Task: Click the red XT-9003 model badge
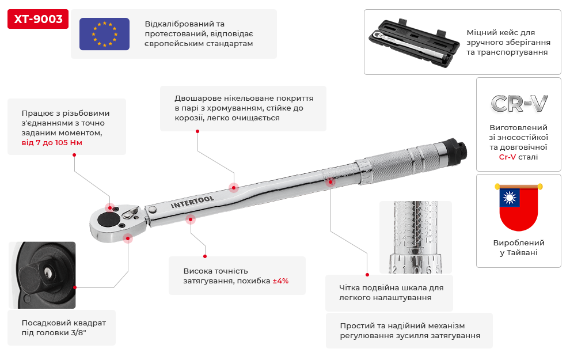(x=38, y=19)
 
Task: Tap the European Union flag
(x=104, y=34)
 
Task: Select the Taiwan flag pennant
(x=518, y=207)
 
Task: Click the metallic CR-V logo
(x=519, y=104)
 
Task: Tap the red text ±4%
(x=280, y=281)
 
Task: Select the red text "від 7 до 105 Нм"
(x=52, y=142)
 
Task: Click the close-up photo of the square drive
(x=42, y=275)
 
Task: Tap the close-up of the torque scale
(x=416, y=237)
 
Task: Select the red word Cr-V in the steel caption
(x=507, y=157)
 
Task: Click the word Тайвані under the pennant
(x=522, y=252)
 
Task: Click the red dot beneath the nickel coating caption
(x=197, y=131)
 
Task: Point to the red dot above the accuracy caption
(x=205, y=256)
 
